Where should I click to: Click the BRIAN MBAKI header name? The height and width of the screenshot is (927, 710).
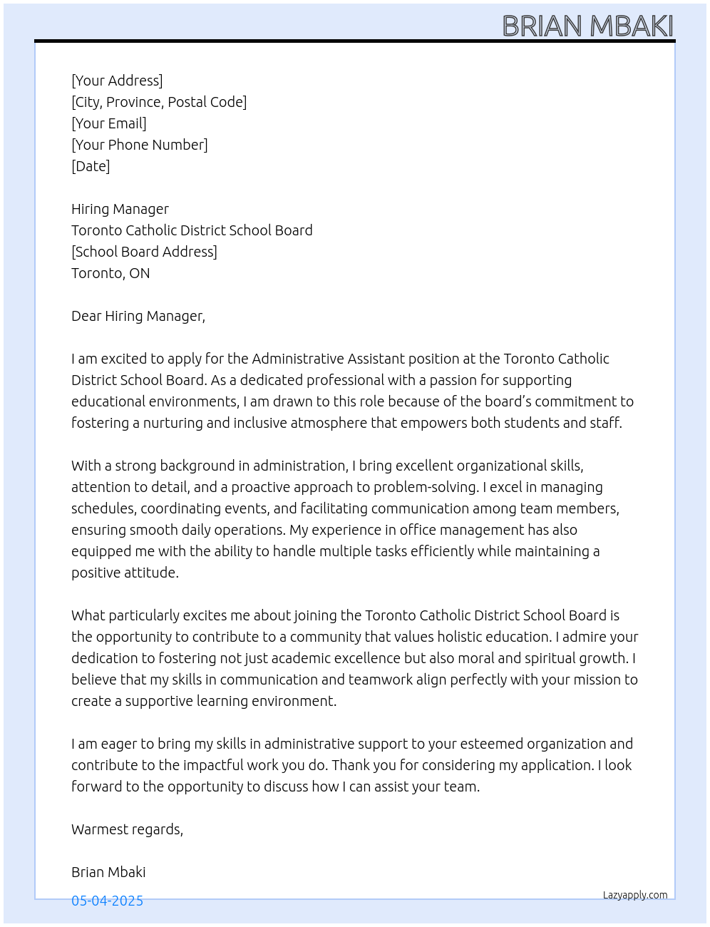(587, 26)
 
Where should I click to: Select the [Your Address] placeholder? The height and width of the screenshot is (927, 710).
(117, 81)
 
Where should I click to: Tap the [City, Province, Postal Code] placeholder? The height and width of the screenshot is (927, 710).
(159, 102)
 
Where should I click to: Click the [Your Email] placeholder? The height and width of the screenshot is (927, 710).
(109, 123)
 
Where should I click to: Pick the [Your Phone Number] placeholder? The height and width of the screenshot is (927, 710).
(140, 145)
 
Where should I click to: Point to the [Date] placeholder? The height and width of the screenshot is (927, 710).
(91, 166)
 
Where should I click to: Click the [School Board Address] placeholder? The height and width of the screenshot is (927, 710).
(144, 252)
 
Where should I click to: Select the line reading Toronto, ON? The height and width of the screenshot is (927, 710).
(110, 273)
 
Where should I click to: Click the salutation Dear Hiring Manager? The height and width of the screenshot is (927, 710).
(138, 316)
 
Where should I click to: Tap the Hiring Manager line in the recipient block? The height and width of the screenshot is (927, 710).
(120, 209)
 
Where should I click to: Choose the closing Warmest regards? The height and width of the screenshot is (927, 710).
(127, 829)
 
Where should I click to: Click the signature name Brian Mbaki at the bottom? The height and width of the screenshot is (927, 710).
(108, 872)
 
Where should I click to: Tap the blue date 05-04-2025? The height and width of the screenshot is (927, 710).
(107, 901)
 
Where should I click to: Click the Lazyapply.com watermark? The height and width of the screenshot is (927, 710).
(635, 895)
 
